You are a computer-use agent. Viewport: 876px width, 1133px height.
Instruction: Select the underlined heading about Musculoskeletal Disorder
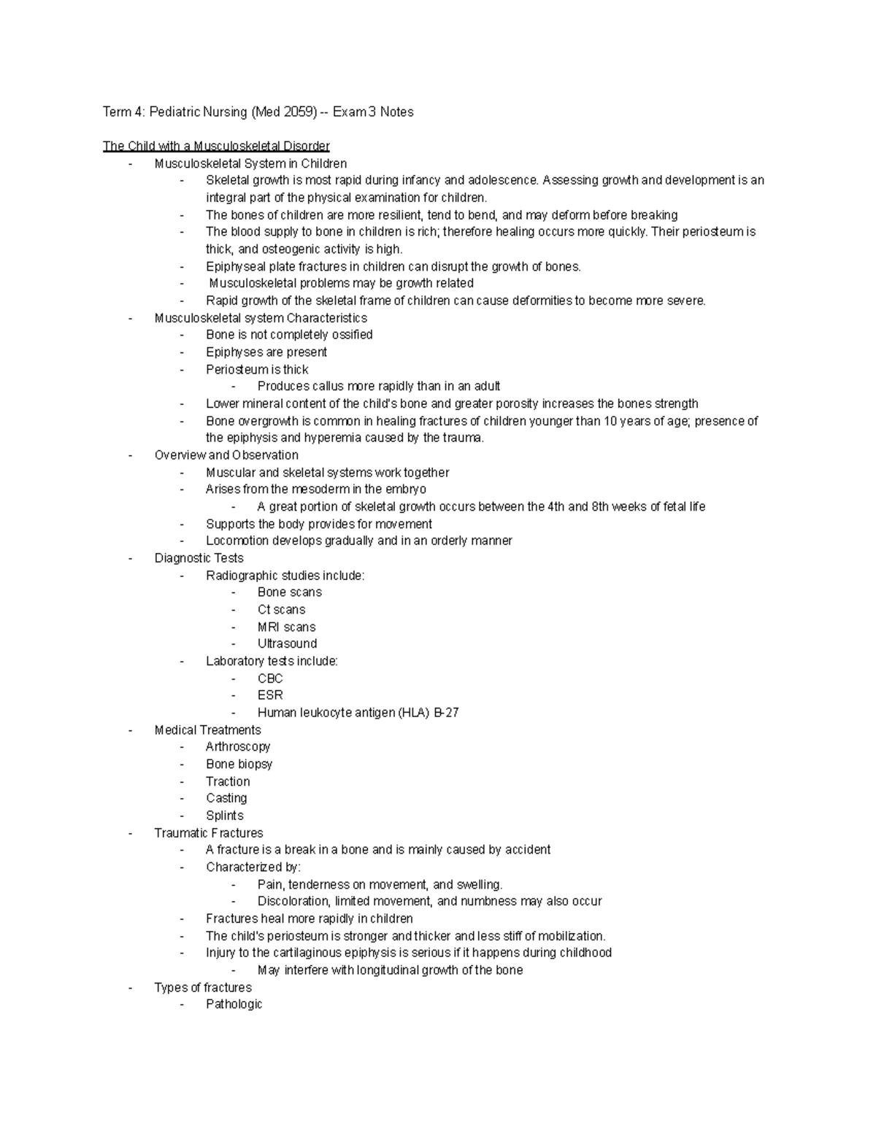coord(216,147)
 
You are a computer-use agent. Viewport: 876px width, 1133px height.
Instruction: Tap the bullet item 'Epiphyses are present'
coord(266,352)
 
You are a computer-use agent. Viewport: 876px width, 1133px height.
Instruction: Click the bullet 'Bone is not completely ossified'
coord(289,335)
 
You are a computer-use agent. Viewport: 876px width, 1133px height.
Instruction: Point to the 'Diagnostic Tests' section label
coord(199,558)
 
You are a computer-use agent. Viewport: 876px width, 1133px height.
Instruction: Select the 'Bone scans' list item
coord(289,592)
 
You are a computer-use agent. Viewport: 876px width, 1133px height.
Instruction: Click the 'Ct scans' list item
coord(281,610)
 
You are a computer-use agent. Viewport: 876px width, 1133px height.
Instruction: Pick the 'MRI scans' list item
coord(286,627)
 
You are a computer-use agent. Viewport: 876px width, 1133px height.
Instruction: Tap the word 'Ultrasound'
coord(287,644)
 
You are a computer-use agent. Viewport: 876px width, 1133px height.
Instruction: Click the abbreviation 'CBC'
coord(270,678)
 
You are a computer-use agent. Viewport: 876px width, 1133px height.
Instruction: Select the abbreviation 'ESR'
coord(270,695)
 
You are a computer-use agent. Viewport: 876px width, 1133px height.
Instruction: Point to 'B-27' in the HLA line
coord(446,713)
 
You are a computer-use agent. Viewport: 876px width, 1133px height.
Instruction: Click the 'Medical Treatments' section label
coord(207,730)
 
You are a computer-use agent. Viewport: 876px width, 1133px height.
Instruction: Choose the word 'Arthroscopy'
coord(238,747)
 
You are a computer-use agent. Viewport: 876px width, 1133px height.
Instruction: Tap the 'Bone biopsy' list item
coord(239,765)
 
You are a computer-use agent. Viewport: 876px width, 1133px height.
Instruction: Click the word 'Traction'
coord(228,781)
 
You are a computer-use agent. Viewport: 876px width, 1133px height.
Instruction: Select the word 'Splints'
coord(224,816)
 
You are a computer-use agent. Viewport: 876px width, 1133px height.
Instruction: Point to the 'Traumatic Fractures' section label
coord(209,833)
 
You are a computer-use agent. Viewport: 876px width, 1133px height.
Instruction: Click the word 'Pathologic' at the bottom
coord(234,1005)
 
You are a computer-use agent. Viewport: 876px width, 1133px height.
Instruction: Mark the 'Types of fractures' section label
coord(203,988)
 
